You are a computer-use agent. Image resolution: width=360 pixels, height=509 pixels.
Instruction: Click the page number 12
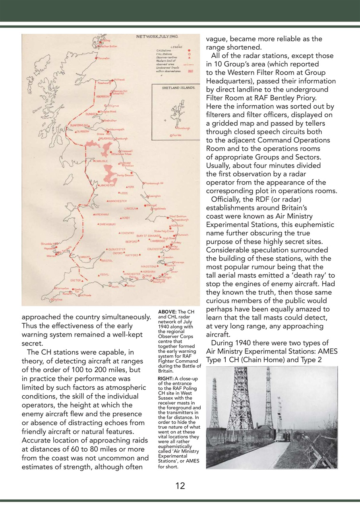[180, 486]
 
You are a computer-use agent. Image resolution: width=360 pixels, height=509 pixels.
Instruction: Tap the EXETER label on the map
[75, 280]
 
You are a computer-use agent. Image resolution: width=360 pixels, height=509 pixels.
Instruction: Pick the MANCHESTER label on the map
[116, 201]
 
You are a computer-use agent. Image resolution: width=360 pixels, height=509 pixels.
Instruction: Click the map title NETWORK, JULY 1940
[157, 37]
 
